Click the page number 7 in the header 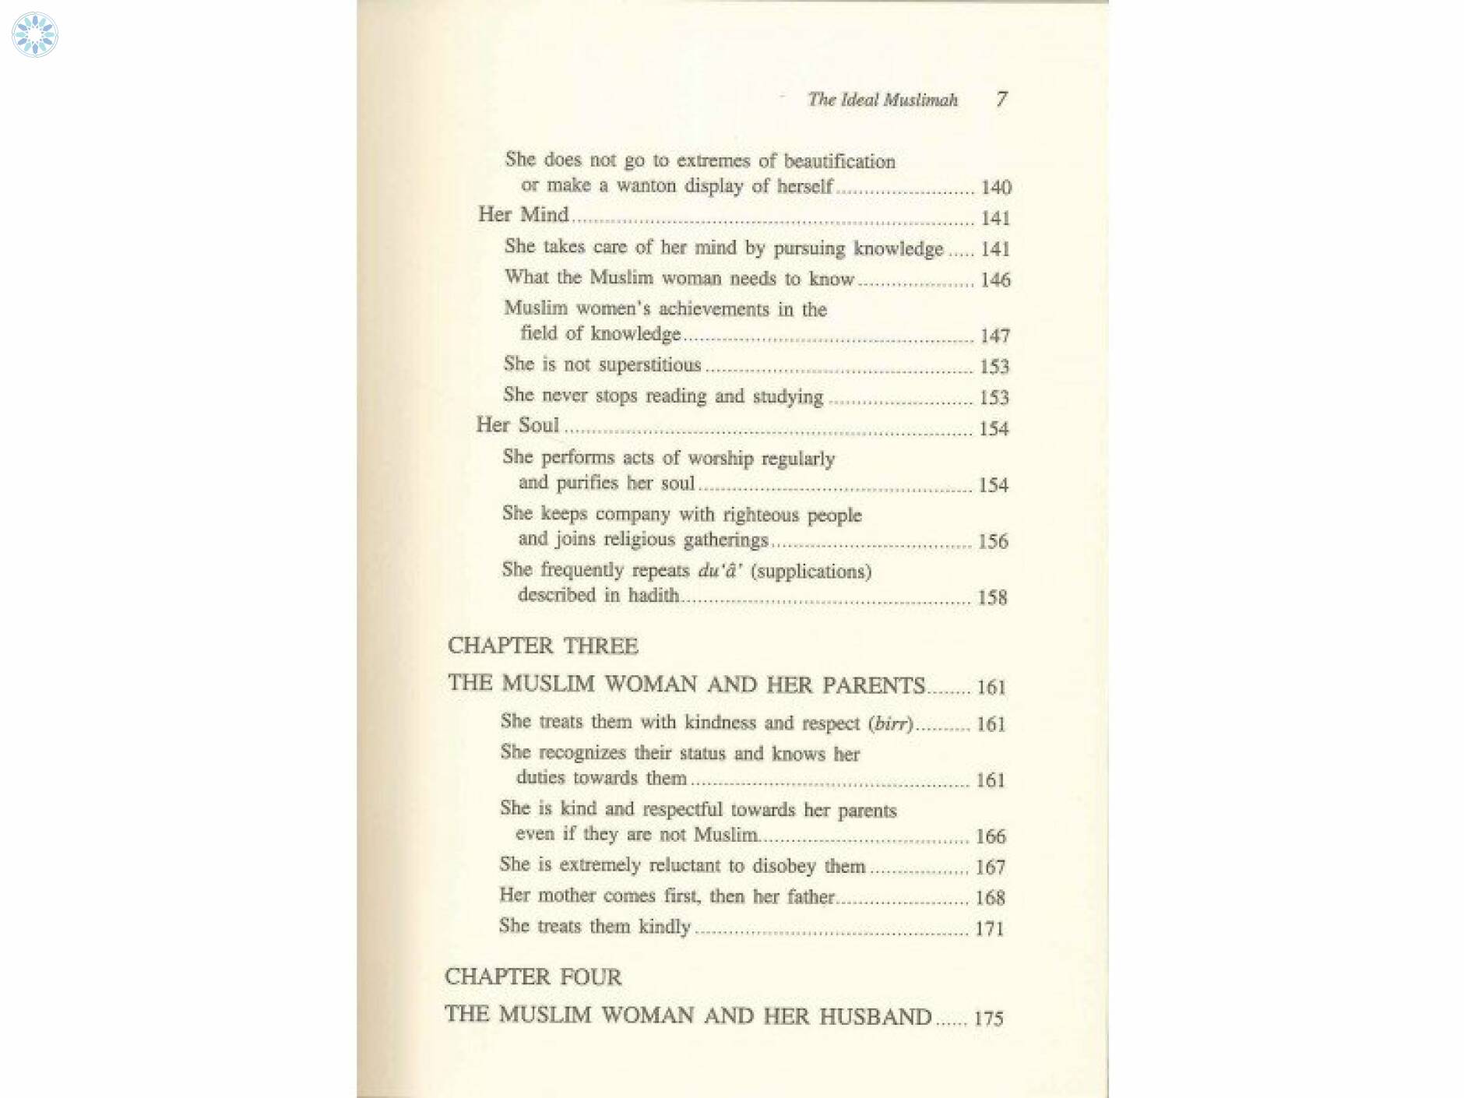(x=1001, y=99)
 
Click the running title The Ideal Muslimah (x=882, y=100)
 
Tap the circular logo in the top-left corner (x=35, y=35)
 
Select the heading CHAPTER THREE (x=543, y=646)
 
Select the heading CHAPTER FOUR (x=533, y=977)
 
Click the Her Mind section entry (x=523, y=214)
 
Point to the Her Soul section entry (x=518, y=425)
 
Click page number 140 (x=996, y=188)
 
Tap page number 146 (x=995, y=280)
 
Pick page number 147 (x=995, y=336)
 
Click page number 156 (x=993, y=541)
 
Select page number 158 (x=992, y=598)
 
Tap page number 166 (x=991, y=836)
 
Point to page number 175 (x=988, y=1019)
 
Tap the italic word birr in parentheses (x=891, y=723)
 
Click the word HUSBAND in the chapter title (x=875, y=1016)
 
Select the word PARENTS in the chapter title (x=874, y=685)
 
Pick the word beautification (x=839, y=161)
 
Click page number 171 (x=989, y=928)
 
